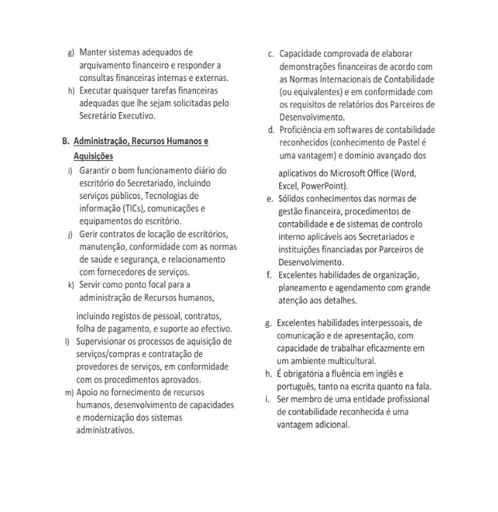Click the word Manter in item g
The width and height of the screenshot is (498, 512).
94,52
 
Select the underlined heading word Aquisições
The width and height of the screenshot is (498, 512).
94,156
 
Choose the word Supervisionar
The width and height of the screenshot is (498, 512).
110,341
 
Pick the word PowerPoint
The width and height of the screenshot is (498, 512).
327,186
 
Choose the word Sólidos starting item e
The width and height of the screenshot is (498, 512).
295,198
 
